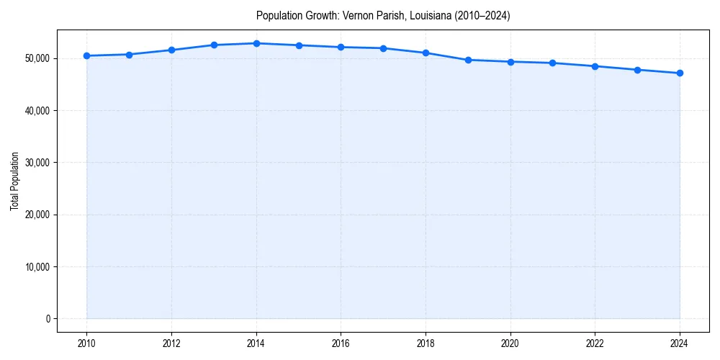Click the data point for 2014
256,43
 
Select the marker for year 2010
86,55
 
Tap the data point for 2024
680,73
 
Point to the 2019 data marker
468,60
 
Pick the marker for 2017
383,48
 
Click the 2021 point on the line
552,63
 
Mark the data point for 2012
171,50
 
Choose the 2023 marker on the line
637,70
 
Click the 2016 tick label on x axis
341,343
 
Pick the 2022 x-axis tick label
595,343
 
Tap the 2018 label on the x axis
426,343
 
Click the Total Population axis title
14,181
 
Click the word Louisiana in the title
429,16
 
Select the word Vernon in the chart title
357,16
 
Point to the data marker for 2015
299,45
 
